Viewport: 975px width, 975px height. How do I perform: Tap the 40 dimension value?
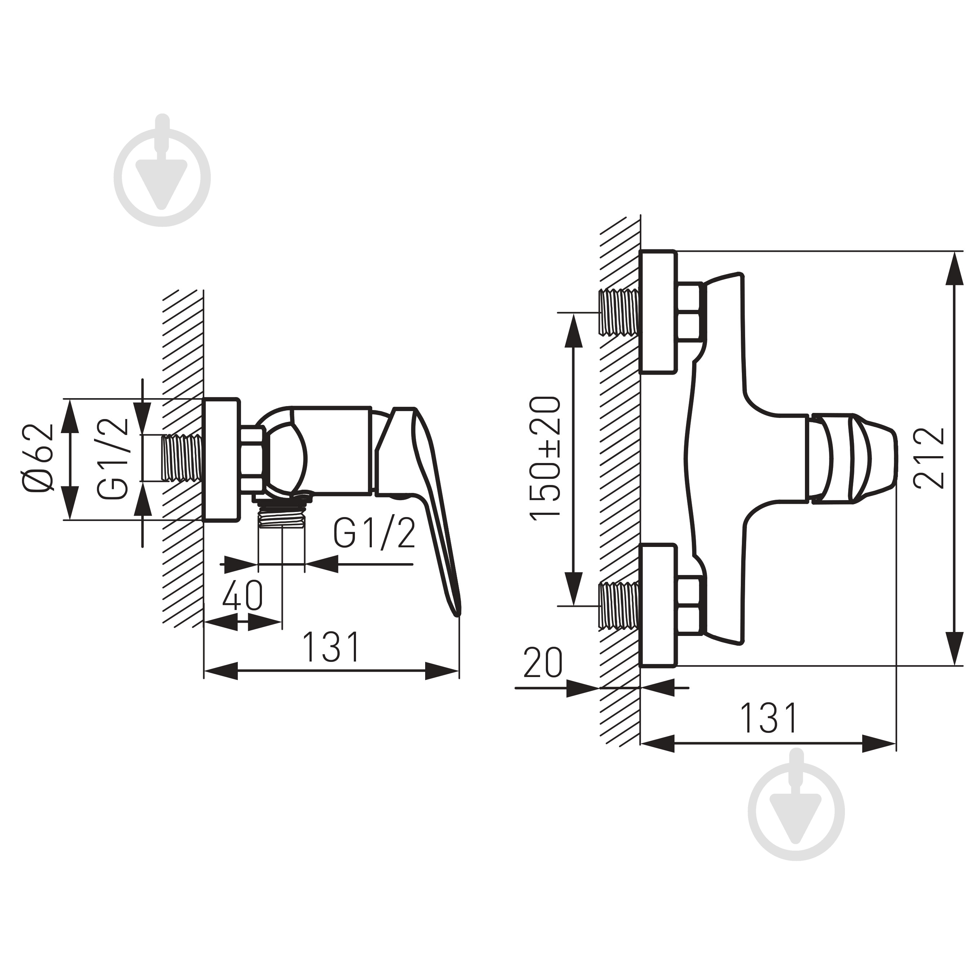[242, 596]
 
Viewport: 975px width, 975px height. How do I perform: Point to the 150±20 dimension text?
[545, 457]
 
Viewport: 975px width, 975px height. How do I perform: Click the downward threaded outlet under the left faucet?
[282, 518]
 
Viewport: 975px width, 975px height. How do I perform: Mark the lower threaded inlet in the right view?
[619, 606]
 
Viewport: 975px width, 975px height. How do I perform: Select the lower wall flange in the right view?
[658, 606]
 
